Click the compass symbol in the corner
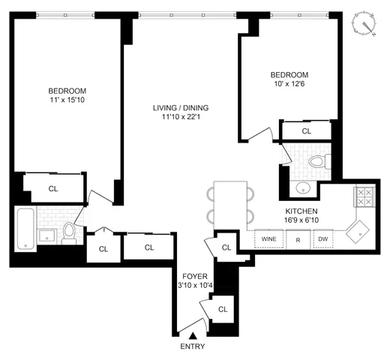(367, 22)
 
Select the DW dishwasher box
(322, 240)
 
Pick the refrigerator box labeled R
(297, 240)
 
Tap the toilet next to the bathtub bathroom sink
(69, 232)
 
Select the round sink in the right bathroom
(304, 187)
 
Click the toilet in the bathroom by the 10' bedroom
(316, 160)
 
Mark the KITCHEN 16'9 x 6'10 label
(301, 216)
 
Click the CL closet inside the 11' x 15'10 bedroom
(52, 188)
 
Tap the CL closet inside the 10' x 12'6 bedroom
(306, 131)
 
